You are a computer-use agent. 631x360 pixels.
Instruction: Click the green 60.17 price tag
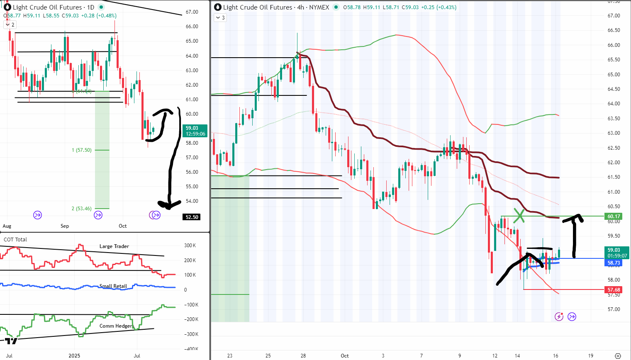[x=614, y=216]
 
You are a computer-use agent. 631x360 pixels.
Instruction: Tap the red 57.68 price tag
[x=614, y=290]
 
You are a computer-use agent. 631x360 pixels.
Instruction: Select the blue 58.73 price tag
[x=614, y=263]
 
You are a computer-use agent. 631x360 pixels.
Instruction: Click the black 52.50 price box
[x=192, y=217]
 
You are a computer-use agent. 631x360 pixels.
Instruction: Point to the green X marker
[x=519, y=215]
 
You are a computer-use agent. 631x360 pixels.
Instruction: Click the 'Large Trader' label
[x=114, y=246]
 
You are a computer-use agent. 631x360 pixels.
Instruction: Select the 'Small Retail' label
[x=113, y=286]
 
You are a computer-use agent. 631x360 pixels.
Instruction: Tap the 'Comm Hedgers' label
[x=116, y=326]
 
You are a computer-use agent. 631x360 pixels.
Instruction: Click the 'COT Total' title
[x=15, y=239]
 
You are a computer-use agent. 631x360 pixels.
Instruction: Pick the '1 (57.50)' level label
[x=82, y=150]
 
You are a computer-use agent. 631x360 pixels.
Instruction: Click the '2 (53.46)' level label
[x=82, y=209]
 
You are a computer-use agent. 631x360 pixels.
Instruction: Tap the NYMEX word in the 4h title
[x=319, y=7]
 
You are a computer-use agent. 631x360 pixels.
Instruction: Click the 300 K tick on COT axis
[x=190, y=246]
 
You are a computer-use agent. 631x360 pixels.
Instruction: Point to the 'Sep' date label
[x=65, y=226]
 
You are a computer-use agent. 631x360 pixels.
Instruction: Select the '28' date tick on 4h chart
[x=303, y=355]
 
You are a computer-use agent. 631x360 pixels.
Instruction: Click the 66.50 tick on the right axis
[x=614, y=30]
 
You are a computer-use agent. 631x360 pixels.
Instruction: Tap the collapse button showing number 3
[x=220, y=18]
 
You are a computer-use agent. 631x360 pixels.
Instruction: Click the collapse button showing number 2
[x=10, y=25]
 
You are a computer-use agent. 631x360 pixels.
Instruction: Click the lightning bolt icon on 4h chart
[x=559, y=317]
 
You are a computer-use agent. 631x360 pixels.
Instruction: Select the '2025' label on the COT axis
[x=74, y=355]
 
